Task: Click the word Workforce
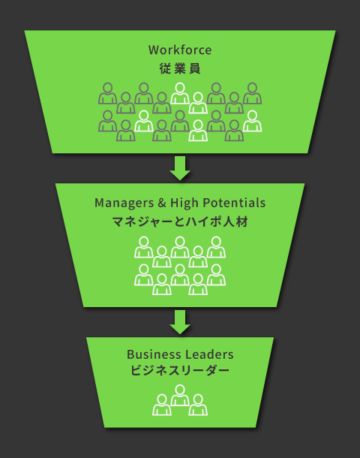click(180, 50)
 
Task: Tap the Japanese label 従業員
click(180, 68)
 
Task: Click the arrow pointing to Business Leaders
click(180, 321)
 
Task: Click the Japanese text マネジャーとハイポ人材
click(180, 221)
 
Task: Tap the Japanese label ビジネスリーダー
click(180, 371)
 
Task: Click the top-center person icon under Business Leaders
click(180, 395)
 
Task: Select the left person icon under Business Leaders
click(162, 405)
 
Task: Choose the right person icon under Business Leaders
click(198, 405)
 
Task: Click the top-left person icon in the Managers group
click(144, 247)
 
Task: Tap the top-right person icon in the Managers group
click(216, 247)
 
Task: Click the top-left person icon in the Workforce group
click(108, 93)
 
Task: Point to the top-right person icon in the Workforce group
click(252, 93)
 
